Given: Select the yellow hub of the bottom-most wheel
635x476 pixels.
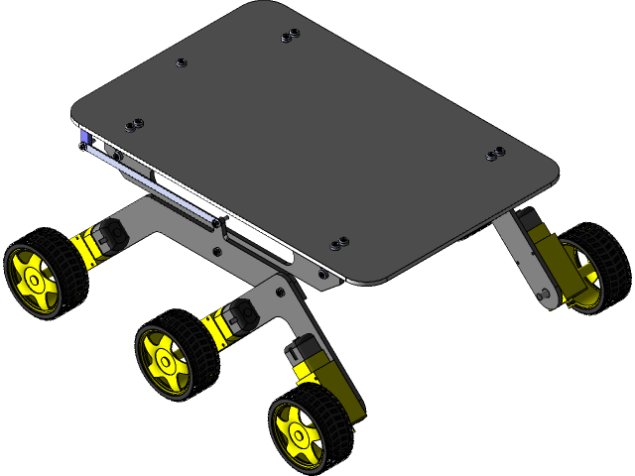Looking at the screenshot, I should [297, 435].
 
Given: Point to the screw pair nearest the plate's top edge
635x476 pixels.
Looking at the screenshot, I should [290, 36].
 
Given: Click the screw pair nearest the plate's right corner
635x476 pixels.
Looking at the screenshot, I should [494, 154].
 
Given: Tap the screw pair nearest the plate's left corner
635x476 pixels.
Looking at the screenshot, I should [133, 125].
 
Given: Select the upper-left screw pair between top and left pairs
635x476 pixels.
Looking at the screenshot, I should [182, 62].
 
